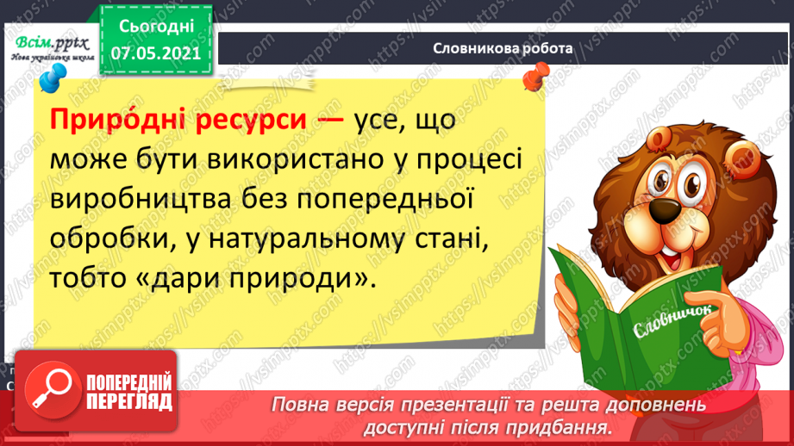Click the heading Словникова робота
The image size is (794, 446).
coord(503,48)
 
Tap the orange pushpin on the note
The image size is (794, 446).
coord(534,79)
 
